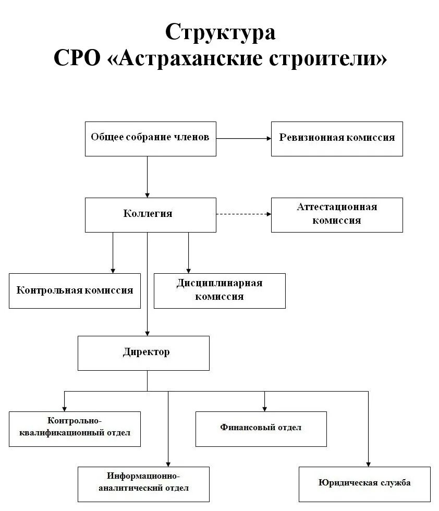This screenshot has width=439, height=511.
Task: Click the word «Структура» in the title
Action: coord(220,32)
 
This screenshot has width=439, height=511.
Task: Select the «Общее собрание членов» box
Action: coord(150,138)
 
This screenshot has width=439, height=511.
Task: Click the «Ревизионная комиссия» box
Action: coord(337,138)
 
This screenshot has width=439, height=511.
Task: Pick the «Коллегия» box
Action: coord(150,214)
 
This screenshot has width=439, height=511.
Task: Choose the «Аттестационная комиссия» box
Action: coord(337,214)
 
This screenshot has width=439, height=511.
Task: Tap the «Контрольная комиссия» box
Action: coord(75,290)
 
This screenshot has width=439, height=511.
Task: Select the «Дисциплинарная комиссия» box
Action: coord(219,290)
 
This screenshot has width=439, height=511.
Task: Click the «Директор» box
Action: coord(143,353)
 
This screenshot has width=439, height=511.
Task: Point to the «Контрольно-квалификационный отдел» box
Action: coord(75,429)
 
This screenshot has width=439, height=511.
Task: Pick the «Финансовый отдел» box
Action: coord(261,429)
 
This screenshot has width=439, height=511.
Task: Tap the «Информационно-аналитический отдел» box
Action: coord(143,484)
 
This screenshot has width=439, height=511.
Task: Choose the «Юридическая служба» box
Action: coord(365,484)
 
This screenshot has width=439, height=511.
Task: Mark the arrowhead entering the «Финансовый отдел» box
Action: coord(264,408)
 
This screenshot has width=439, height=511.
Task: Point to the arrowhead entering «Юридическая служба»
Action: coord(368,464)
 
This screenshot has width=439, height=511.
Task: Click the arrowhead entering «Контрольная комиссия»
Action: coord(113,270)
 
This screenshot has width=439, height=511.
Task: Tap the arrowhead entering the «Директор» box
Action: coord(147,333)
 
